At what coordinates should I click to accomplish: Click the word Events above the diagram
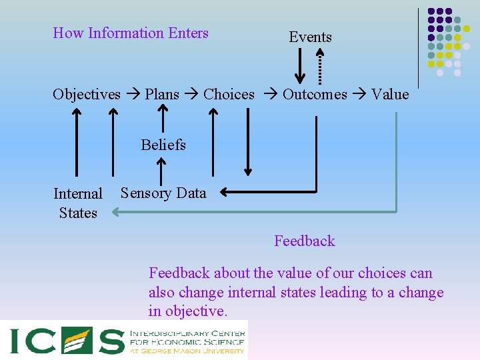click(310, 37)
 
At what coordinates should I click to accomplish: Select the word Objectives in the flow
click(87, 95)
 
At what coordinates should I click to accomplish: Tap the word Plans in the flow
click(162, 95)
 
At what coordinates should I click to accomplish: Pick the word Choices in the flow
click(229, 95)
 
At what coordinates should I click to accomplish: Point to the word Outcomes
click(315, 95)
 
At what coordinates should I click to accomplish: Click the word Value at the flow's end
click(390, 95)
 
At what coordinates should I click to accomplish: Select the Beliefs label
click(163, 145)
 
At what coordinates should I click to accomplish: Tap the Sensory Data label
click(163, 193)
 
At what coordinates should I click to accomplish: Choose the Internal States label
click(78, 203)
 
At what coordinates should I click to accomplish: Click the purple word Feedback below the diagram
click(305, 241)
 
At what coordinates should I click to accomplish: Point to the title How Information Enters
click(131, 33)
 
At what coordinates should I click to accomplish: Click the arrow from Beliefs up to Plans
click(161, 121)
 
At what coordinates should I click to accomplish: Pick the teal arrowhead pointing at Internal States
click(116, 213)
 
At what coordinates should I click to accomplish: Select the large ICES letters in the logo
click(67, 341)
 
